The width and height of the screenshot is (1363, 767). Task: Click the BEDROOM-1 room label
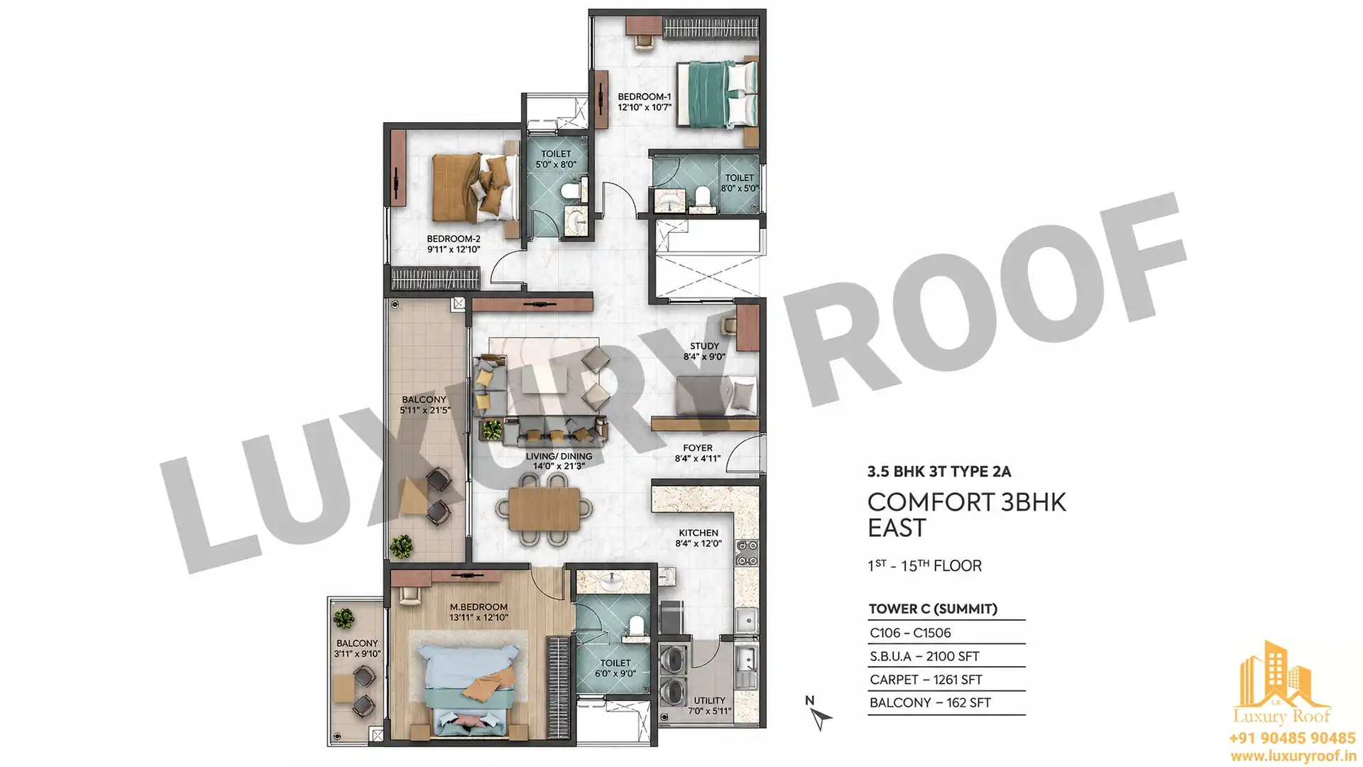[644, 97]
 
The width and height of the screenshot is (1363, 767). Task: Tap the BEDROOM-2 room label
[454, 239]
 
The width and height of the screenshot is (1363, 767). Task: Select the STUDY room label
[704, 346]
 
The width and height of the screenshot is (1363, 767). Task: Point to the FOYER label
[698, 448]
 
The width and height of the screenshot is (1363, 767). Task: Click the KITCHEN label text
[699, 533]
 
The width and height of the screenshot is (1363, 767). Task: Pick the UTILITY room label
[709, 700]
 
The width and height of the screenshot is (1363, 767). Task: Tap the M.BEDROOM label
[478, 607]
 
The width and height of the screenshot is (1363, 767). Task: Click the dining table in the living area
[544, 509]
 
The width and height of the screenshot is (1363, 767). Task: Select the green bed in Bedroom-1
[716, 94]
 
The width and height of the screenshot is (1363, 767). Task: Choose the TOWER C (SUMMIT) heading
[933, 609]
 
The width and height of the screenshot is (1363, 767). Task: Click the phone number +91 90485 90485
[1292, 739]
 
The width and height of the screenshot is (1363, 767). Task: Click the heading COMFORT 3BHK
[967, 502]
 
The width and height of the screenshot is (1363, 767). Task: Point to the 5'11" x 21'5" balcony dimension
[425, 410]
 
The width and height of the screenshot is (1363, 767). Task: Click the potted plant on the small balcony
[344, 618]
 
